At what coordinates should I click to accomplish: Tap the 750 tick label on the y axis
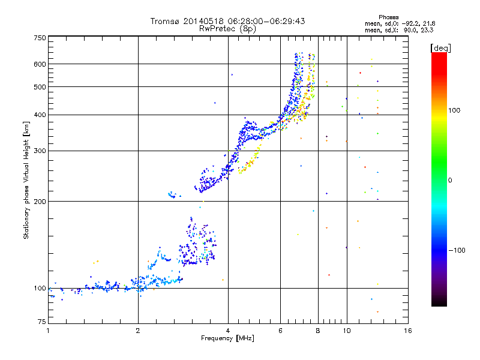(40, 38)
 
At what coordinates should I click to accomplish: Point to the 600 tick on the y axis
(40, 64)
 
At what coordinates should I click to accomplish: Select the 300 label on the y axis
(40, 151)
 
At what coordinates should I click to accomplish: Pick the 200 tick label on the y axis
(40, 201)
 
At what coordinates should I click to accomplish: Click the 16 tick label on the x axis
(408, 331)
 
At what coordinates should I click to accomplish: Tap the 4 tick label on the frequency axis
(228, 331)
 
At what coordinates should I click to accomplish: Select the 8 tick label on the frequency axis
(318, 331)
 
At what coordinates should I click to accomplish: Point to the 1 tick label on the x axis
(49, 331)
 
